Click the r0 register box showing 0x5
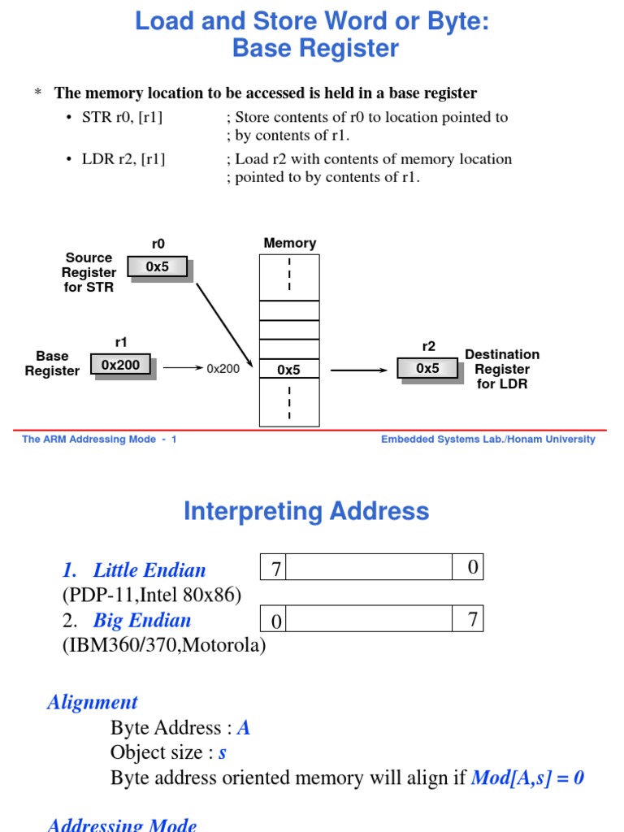tap(158, 266)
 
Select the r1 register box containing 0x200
tap(120, 365)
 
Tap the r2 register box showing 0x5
tap(427, 368)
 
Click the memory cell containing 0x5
tap(288, 370)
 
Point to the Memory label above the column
tap(289, 243)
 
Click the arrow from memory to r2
tap(360, 370)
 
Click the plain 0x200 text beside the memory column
tap(223, 369)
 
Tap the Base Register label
tap(52, 363)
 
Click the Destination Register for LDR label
tap(502, 369)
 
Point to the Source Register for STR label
tap(89, 272)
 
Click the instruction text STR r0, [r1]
tap(122, 117)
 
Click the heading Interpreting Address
tap(306, 511)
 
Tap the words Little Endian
tap(149, 570)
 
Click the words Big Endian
tap(142, 621)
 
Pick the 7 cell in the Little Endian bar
tap(275, 568)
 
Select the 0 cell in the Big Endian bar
tap(275, 621)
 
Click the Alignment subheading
tap(93, 702)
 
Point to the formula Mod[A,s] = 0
tap(527, 778)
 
